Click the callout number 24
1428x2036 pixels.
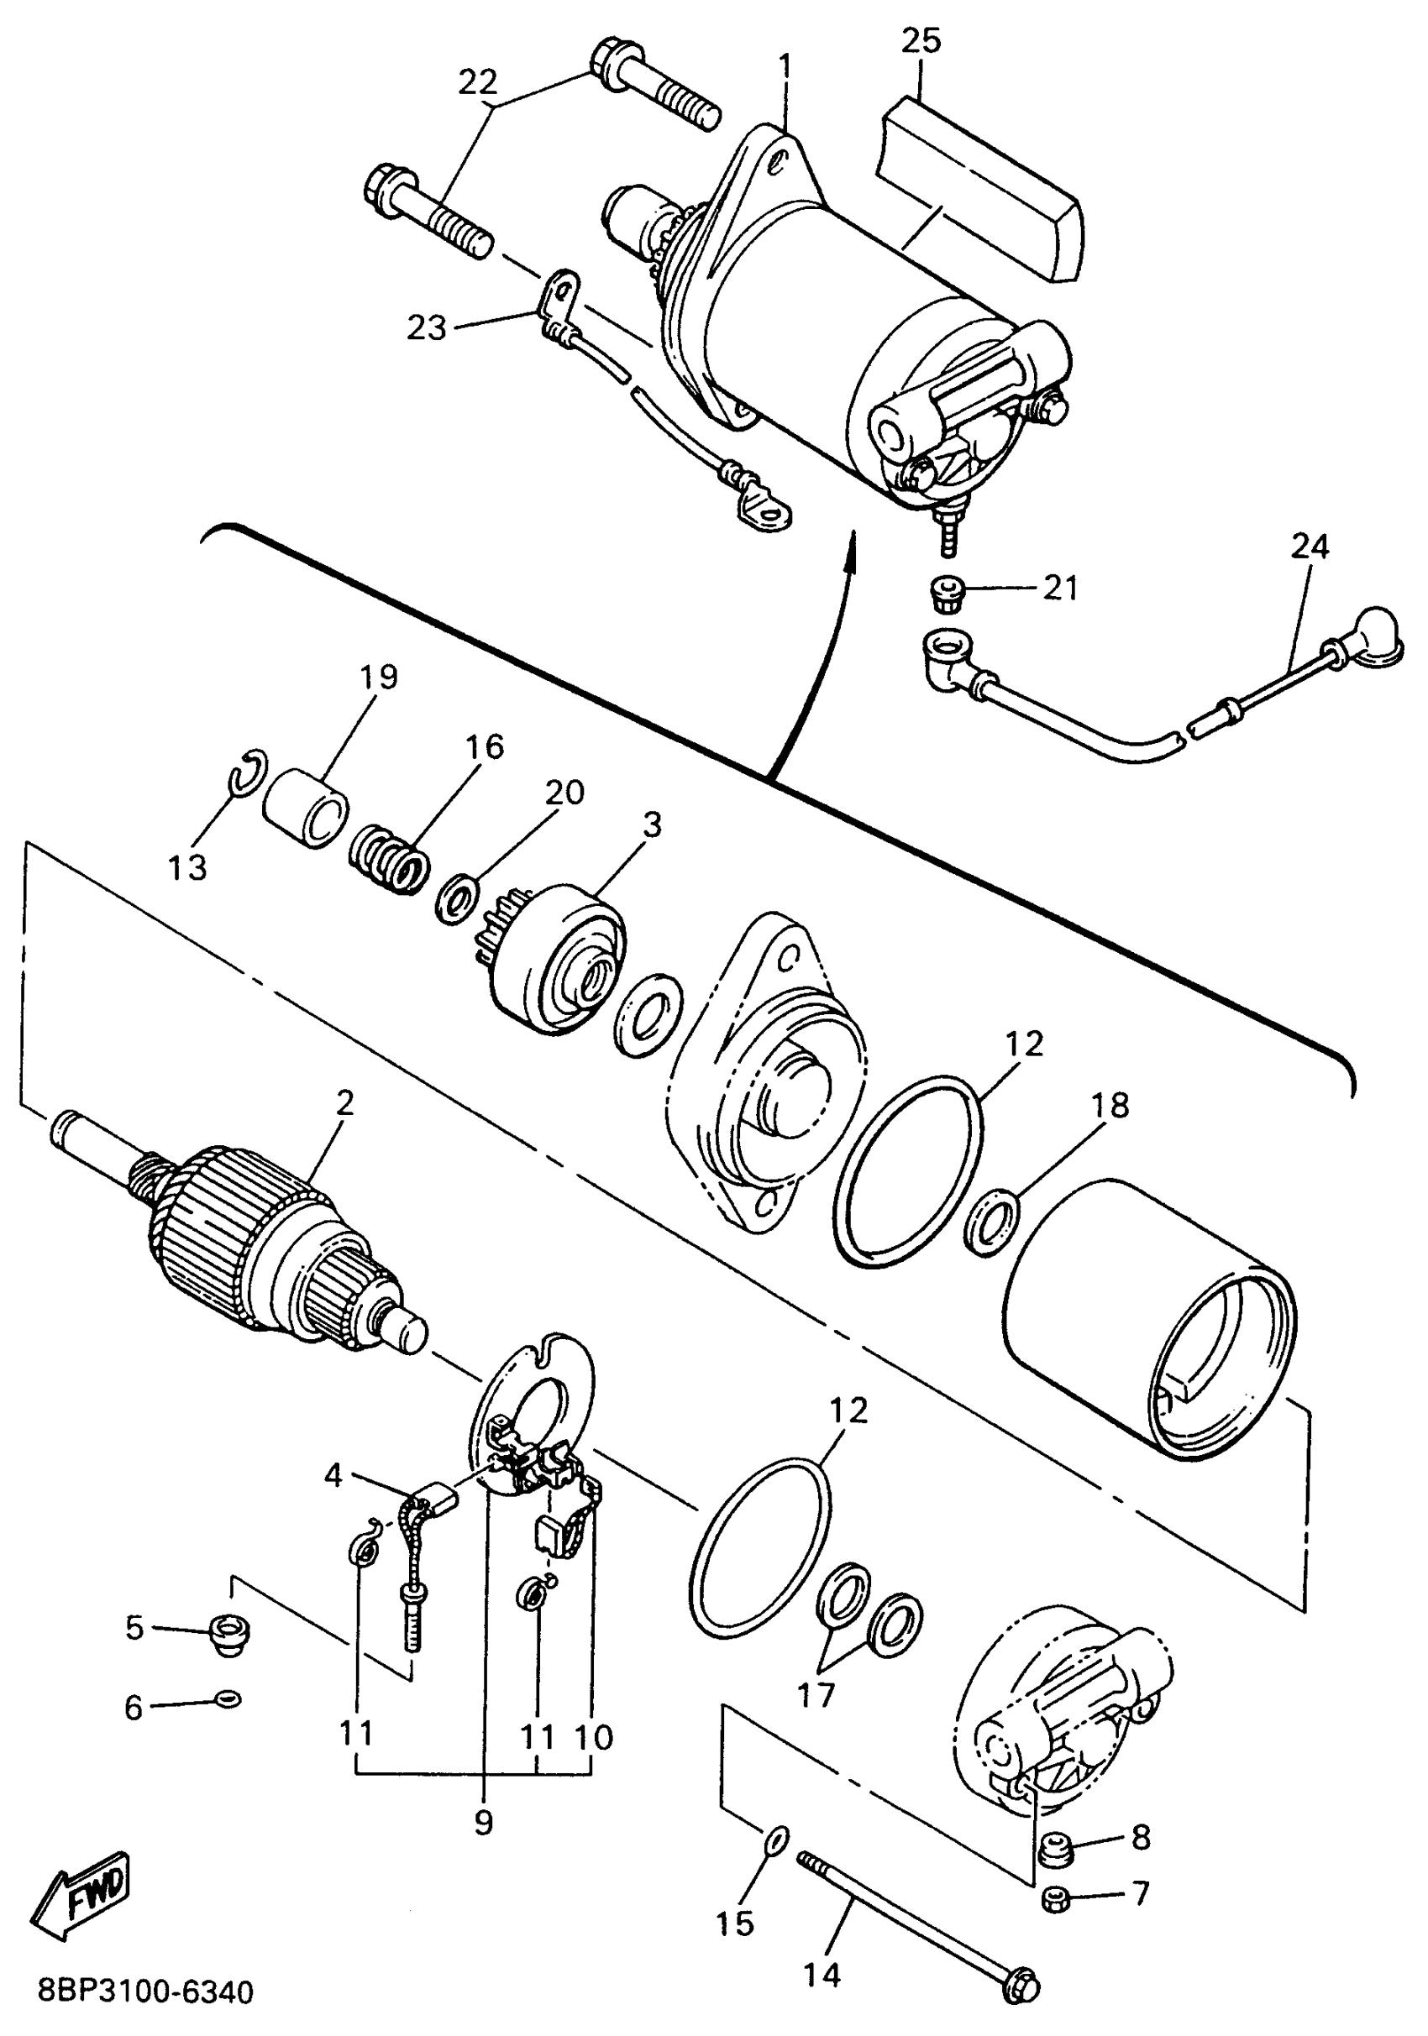pos(1310,547)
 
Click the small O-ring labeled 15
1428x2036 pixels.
pos(774,1842)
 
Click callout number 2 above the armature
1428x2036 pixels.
pos(345,1102)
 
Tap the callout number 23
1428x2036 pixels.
pos(427,327)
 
